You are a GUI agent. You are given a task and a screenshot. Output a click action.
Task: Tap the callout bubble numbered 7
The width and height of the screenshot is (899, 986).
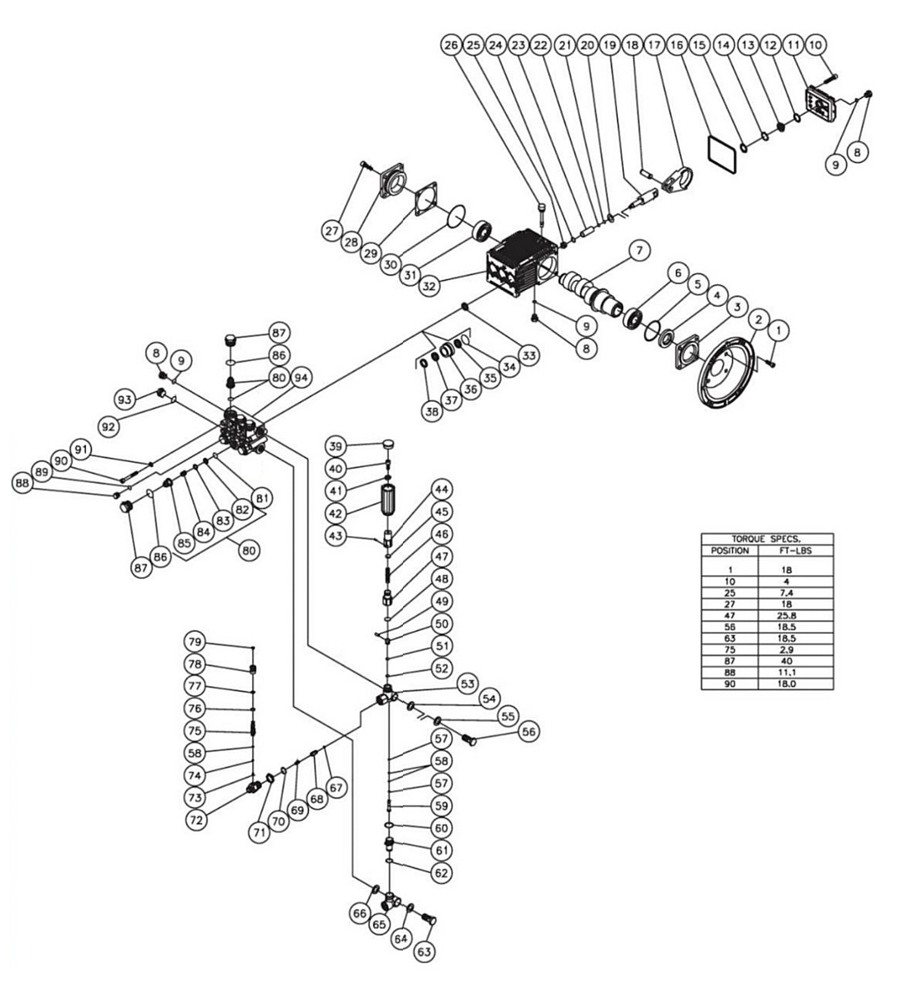pos(639,250)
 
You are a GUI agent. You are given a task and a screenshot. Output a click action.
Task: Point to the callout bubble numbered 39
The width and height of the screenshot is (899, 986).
pos(336,446)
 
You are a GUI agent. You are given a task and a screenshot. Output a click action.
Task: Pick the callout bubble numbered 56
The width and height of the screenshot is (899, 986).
pos(529,732)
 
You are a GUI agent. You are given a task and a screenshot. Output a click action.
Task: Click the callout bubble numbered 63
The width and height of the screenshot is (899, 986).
pos(424,952)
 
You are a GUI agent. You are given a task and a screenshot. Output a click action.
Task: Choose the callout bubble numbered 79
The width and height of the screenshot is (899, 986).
pos(195,642)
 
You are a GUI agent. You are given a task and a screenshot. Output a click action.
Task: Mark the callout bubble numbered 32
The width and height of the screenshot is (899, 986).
pos(429,286)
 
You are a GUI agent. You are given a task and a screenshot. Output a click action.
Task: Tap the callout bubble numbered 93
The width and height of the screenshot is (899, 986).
pos(125,399)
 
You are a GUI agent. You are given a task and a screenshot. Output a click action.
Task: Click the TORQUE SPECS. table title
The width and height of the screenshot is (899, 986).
pos(766,539)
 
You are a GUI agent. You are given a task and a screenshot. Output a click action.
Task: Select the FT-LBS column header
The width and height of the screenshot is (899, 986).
pos(795,551)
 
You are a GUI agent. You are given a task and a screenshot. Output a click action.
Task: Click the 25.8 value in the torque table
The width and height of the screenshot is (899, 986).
pos(786,616)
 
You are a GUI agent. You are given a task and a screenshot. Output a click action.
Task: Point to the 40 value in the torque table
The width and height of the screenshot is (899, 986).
pos(786,661)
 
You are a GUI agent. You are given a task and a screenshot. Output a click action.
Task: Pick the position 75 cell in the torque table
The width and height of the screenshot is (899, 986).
pos(730,650)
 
